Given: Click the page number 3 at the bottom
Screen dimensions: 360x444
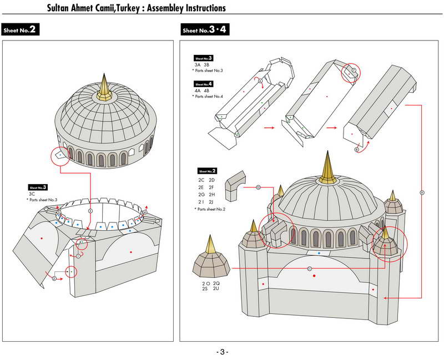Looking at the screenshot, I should [x=222, y=352].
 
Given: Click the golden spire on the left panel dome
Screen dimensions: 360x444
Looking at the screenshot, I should [x=104, y=89].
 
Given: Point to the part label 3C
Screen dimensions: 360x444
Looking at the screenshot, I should [x=33, y=194].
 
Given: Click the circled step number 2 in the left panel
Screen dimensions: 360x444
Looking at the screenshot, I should [x=54, y=278].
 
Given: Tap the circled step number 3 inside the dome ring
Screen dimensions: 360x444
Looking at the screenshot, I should [x=90, y=211].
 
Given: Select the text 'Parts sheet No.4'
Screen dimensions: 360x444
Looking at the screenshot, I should [x=208, y=97].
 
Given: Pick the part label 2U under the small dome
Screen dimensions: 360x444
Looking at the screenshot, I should [x=216, y=288].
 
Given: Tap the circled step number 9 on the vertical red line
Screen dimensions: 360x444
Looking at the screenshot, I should [x=422, y=192].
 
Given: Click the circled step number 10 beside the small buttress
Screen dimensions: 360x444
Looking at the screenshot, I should [x=258, y=187].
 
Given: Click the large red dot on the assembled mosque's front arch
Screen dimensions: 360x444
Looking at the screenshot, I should [x=314, y=276].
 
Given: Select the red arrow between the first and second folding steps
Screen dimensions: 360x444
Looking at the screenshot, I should [x=269, y=127].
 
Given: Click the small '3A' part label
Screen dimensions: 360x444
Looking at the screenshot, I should [x=198, y=65].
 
